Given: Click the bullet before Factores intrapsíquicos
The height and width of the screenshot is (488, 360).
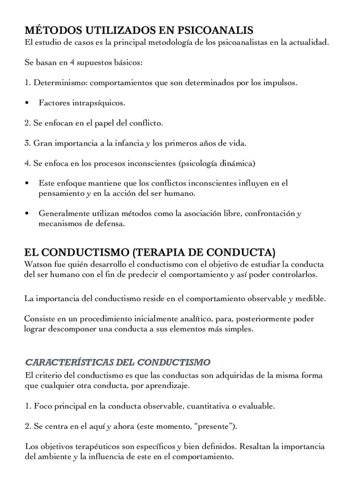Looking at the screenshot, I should [27, 103].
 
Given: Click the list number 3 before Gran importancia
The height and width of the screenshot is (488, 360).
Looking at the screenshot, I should [27, 143].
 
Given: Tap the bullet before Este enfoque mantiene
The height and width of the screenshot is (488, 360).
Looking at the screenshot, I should [27, 183].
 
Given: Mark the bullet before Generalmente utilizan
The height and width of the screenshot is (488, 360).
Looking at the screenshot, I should [27, 213].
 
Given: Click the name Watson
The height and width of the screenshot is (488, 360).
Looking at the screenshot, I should [38, 264].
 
